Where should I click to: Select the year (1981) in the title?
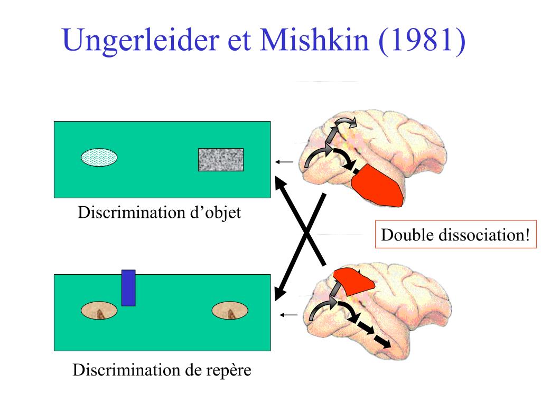coord(422,41)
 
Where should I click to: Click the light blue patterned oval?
coord(99,158)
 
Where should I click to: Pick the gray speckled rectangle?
coord(221,159)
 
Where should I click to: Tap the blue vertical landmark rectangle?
coord(128,287)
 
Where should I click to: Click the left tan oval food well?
coord(99,312)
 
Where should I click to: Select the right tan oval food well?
coord(230,312)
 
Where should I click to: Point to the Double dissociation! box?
coord(455,234)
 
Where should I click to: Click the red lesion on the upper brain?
coord(377,186)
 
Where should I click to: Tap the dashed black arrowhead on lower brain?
coord(384,343)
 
